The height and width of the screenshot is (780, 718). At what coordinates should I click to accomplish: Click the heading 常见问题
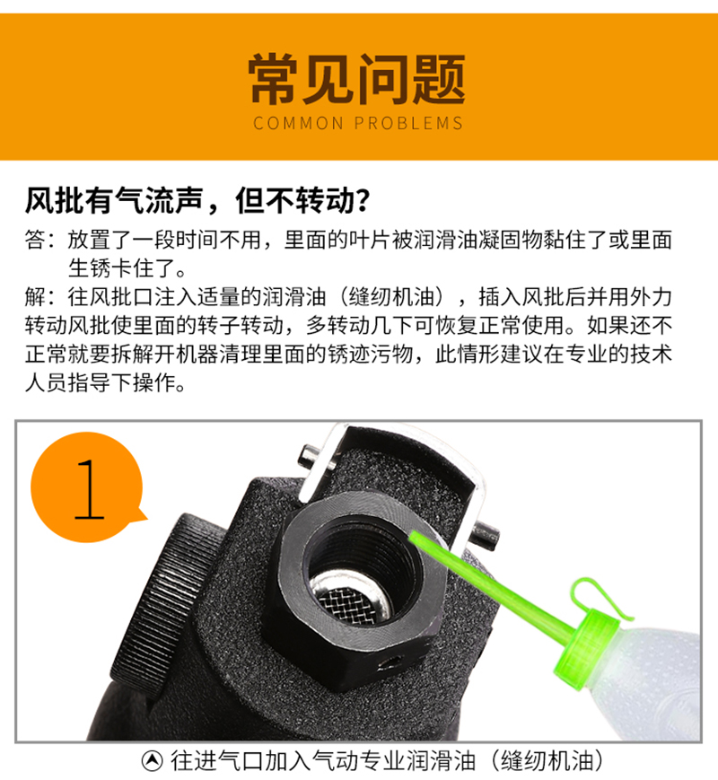(x=357, y=80)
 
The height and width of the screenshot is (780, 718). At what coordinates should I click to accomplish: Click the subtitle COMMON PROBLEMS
(x=358, y=123)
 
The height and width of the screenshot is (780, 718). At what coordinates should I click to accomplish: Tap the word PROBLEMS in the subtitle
(x=408, y=123)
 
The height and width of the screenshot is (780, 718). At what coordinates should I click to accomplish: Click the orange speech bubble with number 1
(x=88, y=487)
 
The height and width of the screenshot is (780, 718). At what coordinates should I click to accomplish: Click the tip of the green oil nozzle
(x=412, y=535)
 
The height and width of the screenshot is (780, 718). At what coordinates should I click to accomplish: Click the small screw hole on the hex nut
(x=391, y=662)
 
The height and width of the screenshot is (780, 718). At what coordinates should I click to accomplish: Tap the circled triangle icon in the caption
(x=153, y=760)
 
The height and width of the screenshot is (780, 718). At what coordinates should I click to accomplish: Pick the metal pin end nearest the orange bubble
(x=310, y=456)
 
